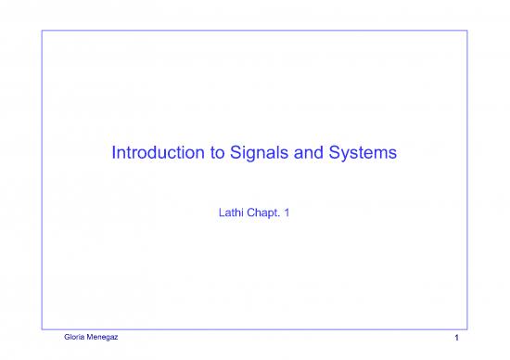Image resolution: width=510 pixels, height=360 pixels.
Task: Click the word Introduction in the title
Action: (150, 154)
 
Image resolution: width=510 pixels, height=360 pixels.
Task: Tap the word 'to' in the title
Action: (205, 154)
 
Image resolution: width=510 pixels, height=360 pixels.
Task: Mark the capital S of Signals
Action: (223, 154)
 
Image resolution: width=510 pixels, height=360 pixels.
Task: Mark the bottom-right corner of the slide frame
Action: (467, 327)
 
